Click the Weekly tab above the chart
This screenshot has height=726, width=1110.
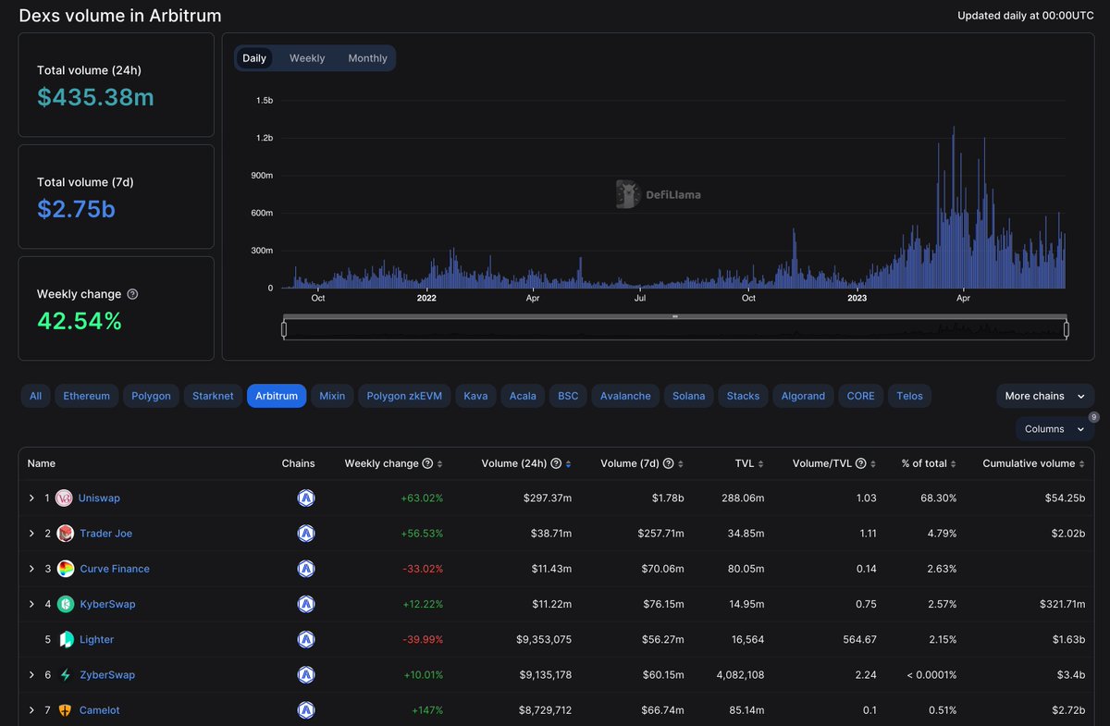click(x=307, y=58)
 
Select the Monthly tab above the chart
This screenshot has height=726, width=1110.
click(x=367, y=58)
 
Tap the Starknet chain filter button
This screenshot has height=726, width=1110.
click(x=214, y=396)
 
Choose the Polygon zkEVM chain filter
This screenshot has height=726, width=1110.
click(x=404, y=396)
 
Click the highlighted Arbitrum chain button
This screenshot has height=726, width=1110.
click(x=277, y=396)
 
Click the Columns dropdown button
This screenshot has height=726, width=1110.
click(x=1054, y=429)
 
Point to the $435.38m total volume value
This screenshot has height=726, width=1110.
click(x=95, y=97)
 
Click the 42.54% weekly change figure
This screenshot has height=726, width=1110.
click(x=80, y=321)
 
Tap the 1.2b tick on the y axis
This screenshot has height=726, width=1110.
click(x=264, y=138)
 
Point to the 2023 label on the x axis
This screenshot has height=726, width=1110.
click(x=857, y=299)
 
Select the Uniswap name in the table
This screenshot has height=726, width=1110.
click(x=99, y=498)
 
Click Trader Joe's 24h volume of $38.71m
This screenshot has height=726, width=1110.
click(x=545, y=534)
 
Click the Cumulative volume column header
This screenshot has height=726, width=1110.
click(x=1028, y=463)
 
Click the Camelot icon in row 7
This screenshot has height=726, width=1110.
click(x=64, y=710)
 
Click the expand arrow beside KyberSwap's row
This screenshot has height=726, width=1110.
click(x=32, y=604)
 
